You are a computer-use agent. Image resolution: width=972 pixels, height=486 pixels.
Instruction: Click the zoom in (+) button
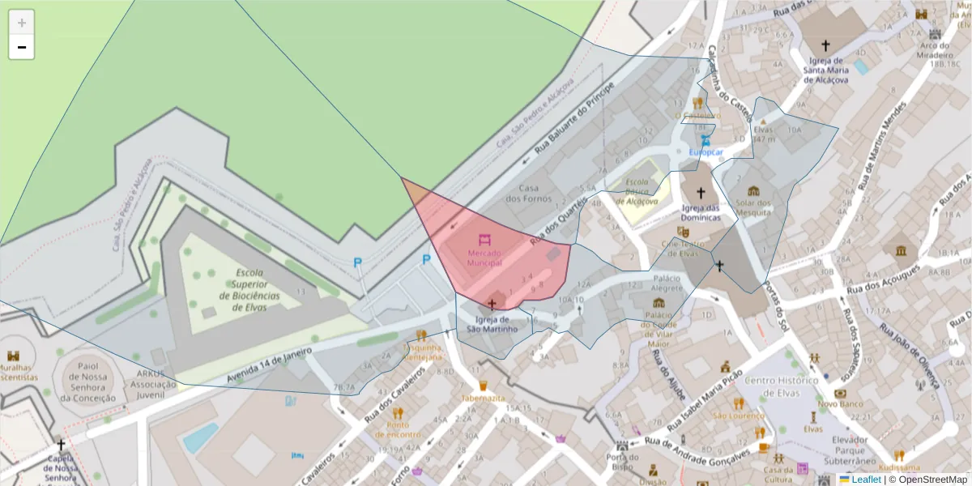(21, 23)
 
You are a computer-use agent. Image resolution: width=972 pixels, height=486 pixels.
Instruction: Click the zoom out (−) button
(21, 47)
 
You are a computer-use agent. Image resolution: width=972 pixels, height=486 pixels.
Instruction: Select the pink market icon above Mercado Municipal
(484, 241)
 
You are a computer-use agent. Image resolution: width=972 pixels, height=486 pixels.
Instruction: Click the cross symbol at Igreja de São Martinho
(492, 304)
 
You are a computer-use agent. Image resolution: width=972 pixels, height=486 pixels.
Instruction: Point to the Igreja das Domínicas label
(701, 212)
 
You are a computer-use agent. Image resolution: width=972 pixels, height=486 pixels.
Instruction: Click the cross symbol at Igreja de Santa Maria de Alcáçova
(825, 46)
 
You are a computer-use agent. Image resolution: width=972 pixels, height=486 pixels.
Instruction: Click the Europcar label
(705, 151)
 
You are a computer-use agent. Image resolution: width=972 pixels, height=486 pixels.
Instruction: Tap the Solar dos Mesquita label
(753, 207)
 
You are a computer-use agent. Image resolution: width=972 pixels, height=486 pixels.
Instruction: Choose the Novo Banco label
(838, 403)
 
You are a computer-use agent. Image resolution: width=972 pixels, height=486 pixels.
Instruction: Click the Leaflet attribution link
(865, 480)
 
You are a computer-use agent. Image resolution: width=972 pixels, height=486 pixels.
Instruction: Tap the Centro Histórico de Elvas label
(782, 386)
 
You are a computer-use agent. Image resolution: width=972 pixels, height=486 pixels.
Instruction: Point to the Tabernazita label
(483, 399)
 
